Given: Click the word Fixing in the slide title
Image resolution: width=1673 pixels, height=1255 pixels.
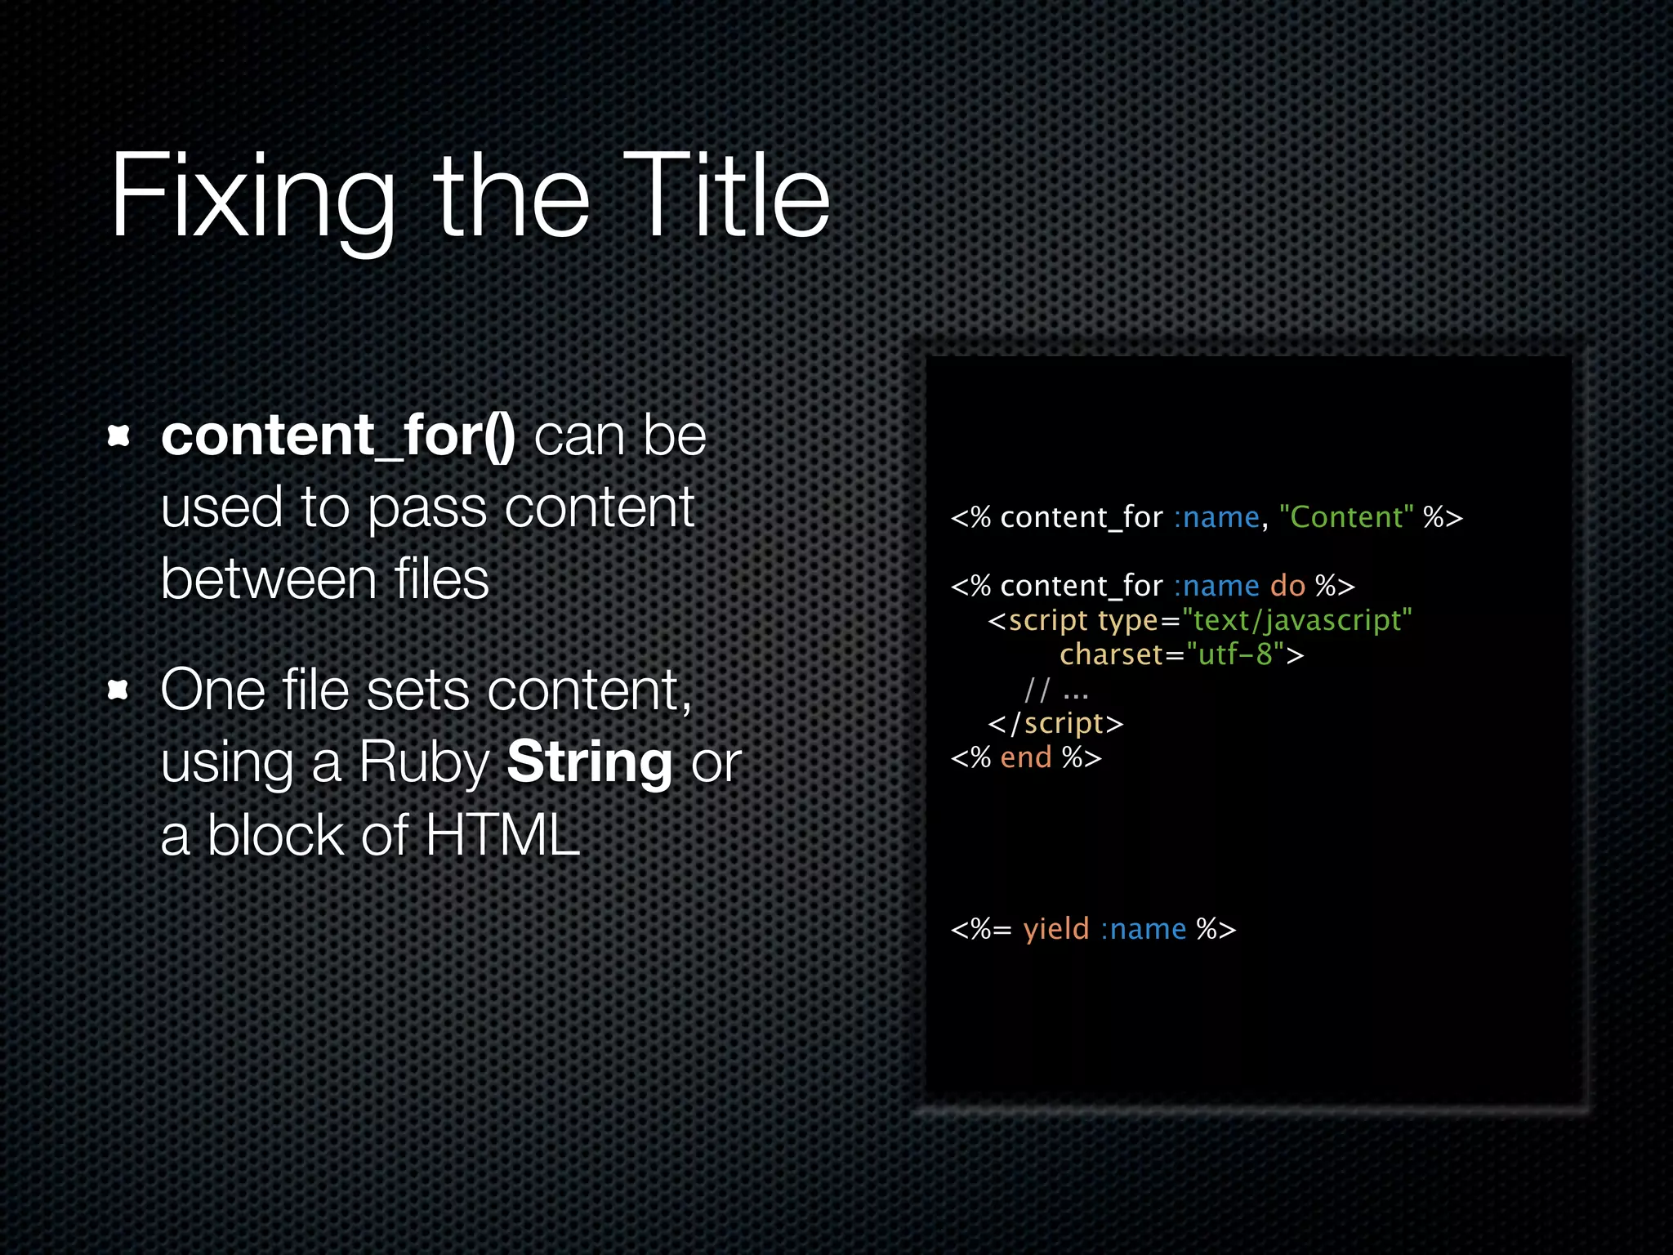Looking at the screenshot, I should pos(252,199).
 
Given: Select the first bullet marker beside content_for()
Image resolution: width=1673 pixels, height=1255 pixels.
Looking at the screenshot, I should pos(119,435).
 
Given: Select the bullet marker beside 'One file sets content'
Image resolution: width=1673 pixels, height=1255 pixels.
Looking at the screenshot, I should pos(119,690).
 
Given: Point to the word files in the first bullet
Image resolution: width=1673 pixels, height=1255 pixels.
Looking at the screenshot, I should pos(441,579).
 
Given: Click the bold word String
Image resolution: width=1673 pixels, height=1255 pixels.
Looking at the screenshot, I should pos(589,762).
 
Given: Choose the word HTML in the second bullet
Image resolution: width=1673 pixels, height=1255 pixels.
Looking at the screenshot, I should pos(502,835).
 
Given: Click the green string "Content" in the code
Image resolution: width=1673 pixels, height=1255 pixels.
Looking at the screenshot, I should pos(1345,517).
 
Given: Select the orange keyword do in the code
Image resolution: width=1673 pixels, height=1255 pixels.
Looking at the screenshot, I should pos(1287,586).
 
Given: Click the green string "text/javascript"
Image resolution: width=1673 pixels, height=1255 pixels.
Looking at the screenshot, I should pos(1296,620).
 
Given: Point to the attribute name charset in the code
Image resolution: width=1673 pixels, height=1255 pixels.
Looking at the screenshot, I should pos(1111,654).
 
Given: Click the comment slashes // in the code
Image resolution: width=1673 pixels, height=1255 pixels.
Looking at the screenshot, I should pos(1037,690).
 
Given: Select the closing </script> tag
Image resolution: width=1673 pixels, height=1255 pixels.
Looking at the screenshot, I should pos(1055,724).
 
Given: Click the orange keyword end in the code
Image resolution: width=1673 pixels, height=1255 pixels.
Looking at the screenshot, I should pos(1025,757).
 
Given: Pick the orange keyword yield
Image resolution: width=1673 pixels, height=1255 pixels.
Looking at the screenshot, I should pos(1055,929).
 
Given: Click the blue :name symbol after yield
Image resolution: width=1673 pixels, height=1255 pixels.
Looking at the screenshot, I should pos(1143,929).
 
